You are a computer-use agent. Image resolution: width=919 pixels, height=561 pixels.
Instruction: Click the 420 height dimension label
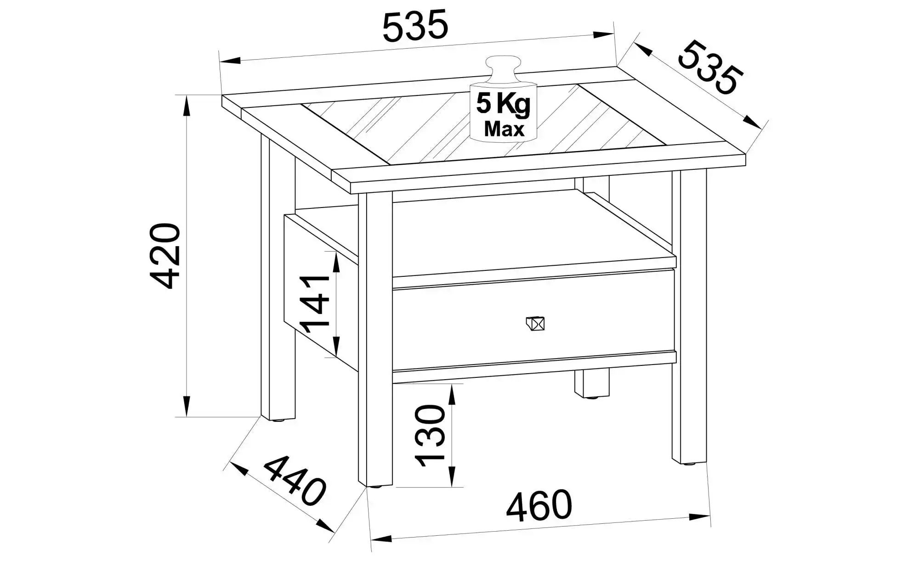[x=165, y=256]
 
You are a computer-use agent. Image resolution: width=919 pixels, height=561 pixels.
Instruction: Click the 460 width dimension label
[x=539, y=506]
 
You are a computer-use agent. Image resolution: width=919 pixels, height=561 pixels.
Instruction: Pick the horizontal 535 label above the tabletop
[x=415, y=26]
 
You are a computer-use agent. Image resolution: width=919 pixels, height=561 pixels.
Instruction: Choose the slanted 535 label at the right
[x=710, y=68]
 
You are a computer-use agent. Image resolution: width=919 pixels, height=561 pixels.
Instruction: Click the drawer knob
[x=535, y=324]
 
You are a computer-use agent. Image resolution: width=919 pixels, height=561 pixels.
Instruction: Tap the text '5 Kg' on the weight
[x=503, y=104]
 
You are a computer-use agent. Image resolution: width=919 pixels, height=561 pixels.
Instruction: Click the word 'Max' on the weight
[x=504, y=129]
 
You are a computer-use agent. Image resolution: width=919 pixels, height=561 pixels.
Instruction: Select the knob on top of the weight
[x=504, y=67]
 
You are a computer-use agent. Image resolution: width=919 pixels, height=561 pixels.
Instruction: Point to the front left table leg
[x=376, y=340]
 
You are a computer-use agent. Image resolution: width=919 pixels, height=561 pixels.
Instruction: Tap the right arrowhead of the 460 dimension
[x=700, y=517]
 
